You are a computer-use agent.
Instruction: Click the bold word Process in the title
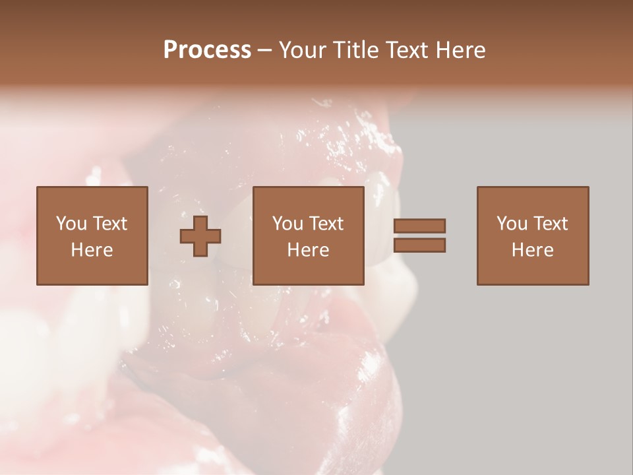[x=207, y=50]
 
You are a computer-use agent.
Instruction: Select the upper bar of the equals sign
[x=419, y=226]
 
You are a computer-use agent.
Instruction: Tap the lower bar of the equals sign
[x=419, y=245]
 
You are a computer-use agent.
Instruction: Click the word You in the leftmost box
[x=71, y=224]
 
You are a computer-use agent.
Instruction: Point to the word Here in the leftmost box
[x=92, y=250]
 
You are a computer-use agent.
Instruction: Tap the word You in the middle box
[x=287, y=224]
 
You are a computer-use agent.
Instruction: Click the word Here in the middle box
[x=308, y=250]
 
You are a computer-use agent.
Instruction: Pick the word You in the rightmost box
[x=511, y=224]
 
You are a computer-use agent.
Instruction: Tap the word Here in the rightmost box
[x=532, y=250]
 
